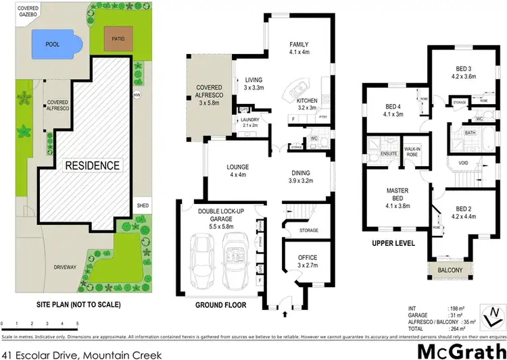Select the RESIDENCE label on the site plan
pyautogui.click(x=92, y=165)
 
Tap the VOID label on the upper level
pyautogui.click(x=463, y=163)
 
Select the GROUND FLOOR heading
pyautogui.click(x=220, y=305)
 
